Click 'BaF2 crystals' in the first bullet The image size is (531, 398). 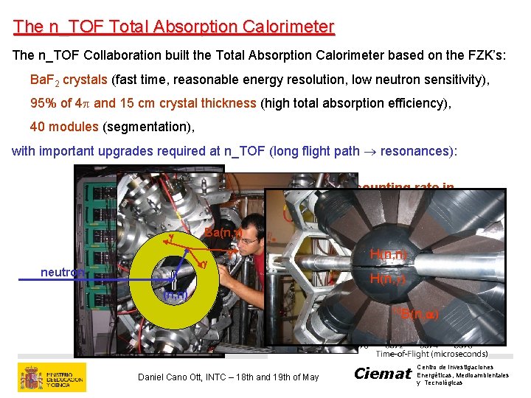69,80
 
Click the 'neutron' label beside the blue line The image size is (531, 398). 61,273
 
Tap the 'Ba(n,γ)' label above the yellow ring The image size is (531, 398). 223,233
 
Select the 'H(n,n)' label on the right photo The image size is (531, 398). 389,255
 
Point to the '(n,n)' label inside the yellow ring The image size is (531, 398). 175,296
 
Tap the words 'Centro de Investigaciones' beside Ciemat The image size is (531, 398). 455,367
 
